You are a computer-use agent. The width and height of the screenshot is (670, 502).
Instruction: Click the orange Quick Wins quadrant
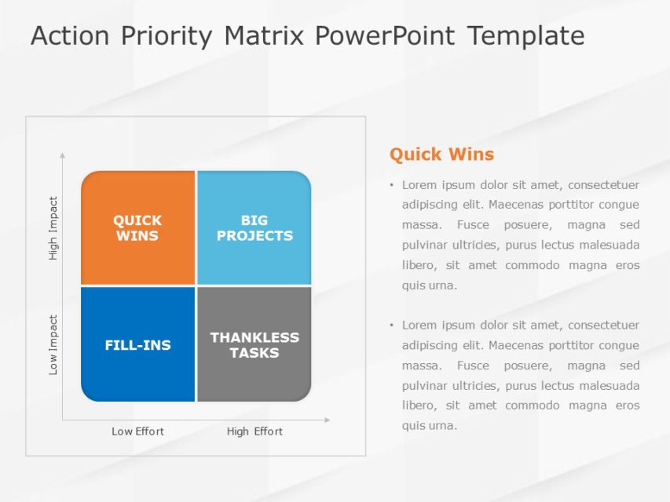[137, 227]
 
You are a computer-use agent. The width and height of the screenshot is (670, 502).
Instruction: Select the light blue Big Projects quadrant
[254, 227]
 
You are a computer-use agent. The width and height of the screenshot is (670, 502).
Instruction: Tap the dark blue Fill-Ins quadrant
[137, 345]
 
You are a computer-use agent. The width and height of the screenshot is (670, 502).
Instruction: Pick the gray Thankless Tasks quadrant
[254, 345]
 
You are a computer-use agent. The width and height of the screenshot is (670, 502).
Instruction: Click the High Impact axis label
[53, 228]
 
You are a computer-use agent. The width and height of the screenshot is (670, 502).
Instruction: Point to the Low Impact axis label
[53, 344]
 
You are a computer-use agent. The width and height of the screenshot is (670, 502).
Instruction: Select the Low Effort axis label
[137, 431]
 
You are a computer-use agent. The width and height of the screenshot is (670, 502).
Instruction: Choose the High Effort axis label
[254, 431]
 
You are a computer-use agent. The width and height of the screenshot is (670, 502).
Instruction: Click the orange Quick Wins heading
[441, 155]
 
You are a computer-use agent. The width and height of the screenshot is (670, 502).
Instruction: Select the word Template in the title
[525, 36]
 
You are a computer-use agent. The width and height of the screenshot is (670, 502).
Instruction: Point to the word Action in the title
[69, 36]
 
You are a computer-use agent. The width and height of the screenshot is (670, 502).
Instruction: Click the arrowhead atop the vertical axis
[63, 156]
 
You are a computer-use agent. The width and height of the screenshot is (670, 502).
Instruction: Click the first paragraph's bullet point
[391, 186]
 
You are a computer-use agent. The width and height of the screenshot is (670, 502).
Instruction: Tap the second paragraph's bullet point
[391, 326]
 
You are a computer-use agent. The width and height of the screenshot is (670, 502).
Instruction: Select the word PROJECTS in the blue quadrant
[254, 235]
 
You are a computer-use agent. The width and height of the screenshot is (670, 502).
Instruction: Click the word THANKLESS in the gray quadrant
[254, 337]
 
